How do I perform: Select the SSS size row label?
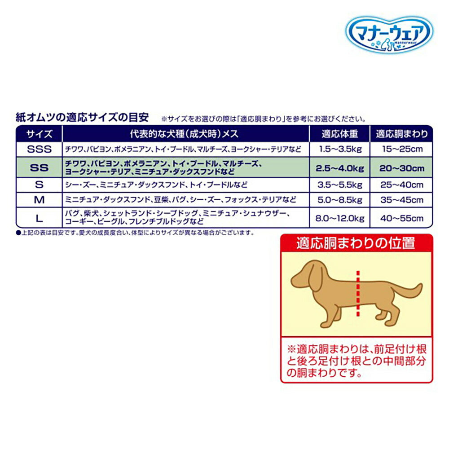[39, 149]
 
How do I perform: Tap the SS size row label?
[39, 168]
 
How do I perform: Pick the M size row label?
[39, 199]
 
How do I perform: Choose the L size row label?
[39, 218]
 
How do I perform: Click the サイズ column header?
[39, 134]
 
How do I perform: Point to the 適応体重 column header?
[339, 134]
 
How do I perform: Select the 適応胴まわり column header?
[401, 134]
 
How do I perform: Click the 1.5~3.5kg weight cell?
[339, 149]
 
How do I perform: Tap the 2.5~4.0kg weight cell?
[339, 168]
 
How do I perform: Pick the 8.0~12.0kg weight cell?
[339, 218]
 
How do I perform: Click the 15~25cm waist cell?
[401, 149]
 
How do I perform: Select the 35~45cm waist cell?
[401, 199]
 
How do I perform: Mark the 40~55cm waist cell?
[401, 218]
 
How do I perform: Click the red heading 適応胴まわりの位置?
[356, 244]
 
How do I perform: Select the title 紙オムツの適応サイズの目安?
[82, 118]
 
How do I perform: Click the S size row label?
[39, 184]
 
